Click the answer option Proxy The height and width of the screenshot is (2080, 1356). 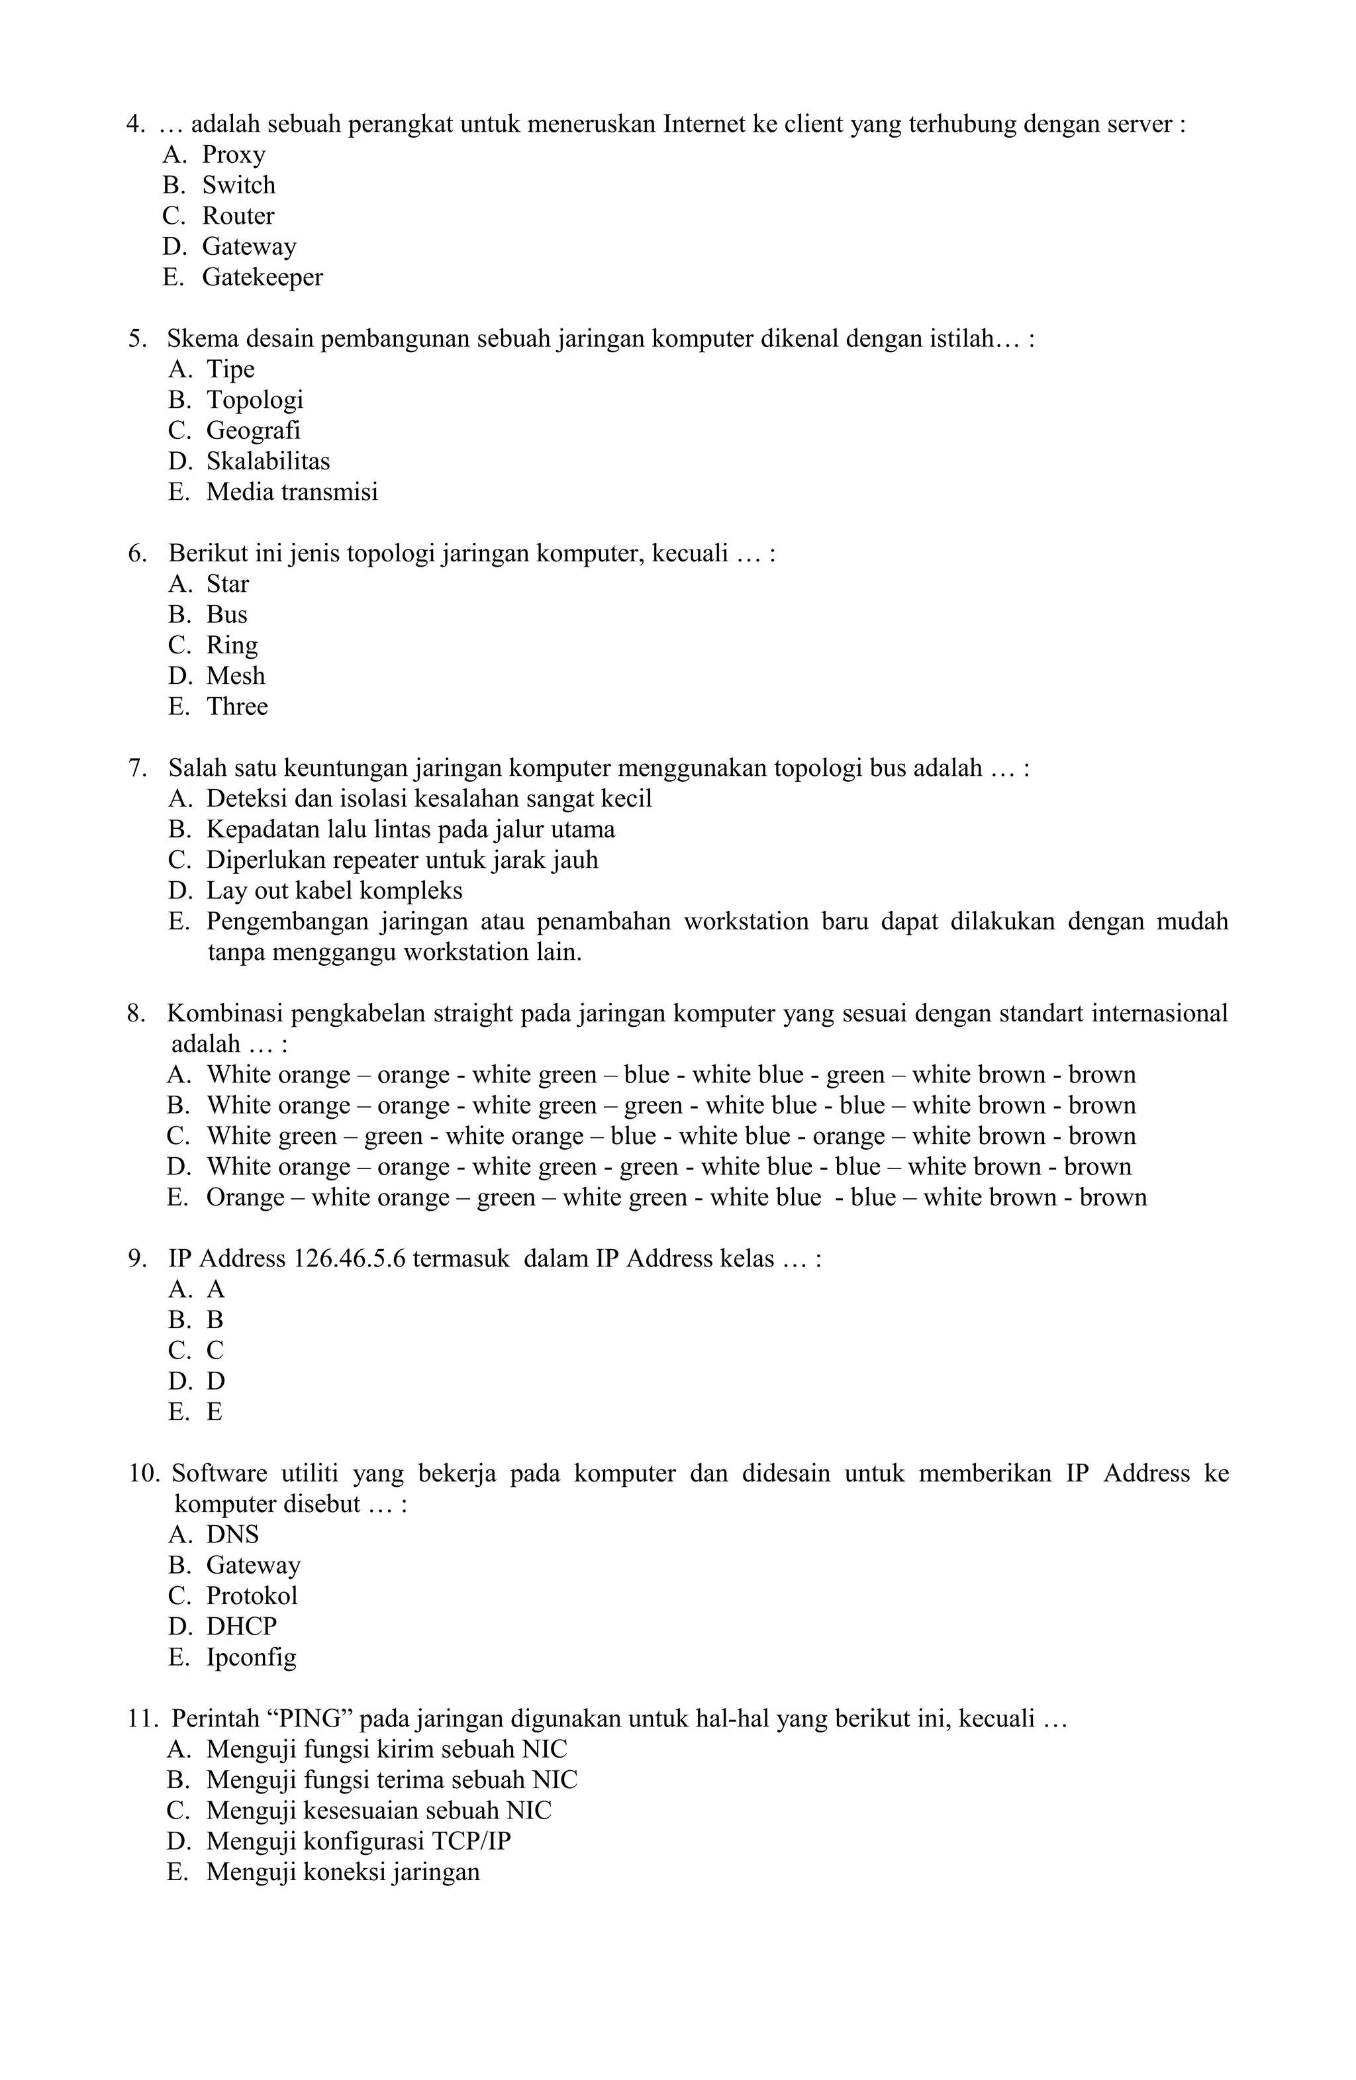pos(234,155)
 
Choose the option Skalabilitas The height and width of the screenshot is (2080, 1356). pos(267,461)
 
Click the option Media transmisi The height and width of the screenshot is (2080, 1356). pos(292,491)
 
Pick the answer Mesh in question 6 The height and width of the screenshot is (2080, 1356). pos(235,675)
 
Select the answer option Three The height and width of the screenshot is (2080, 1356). pos(237,706)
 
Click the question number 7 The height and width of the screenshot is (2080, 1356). pos(136,768)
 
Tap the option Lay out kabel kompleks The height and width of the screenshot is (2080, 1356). pos(334,890)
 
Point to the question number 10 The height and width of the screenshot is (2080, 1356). pos(144,1474)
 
